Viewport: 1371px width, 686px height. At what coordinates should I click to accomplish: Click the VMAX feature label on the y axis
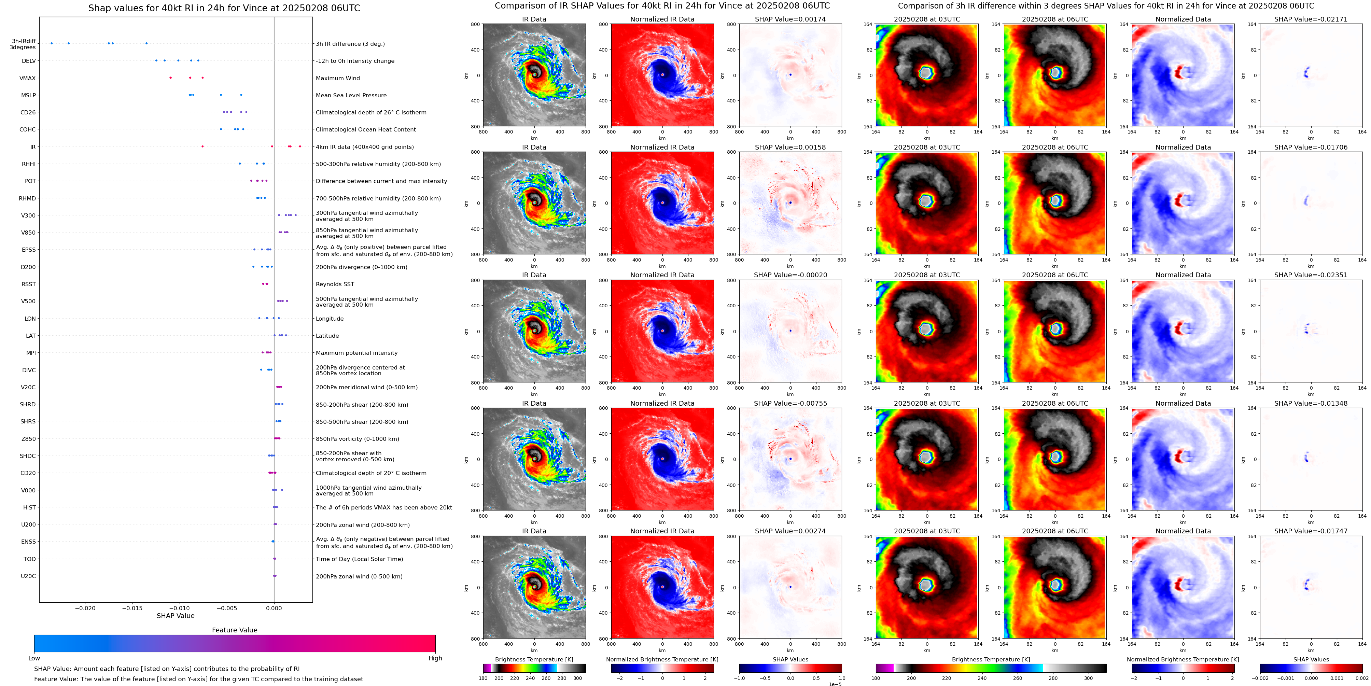pos(28,78)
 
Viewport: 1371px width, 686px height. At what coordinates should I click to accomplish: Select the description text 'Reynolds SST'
pos(335,284)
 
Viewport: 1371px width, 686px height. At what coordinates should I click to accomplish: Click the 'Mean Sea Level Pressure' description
pos(351,95)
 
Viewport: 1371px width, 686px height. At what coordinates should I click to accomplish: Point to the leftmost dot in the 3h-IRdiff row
pos(52,43)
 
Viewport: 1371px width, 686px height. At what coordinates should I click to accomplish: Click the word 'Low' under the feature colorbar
pos(34,658)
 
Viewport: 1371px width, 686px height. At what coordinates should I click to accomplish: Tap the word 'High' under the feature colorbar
pos(435,658)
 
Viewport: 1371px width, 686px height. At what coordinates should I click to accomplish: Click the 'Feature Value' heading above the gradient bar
pos(235,630)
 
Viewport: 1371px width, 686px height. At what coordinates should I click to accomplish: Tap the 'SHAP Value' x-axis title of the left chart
pos(176,616)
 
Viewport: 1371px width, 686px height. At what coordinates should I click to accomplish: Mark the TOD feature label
pos(30,559)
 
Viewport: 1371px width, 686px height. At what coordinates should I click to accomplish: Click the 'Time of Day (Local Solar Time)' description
pos(359,559)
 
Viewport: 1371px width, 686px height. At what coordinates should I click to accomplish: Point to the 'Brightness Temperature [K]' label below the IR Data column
pos(534,659)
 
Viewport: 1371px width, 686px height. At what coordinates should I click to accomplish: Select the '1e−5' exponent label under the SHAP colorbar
pos(835,684)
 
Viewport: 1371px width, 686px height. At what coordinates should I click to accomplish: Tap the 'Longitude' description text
pos(330,319)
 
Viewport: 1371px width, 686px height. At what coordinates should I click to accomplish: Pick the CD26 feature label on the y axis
pos(28,112)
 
